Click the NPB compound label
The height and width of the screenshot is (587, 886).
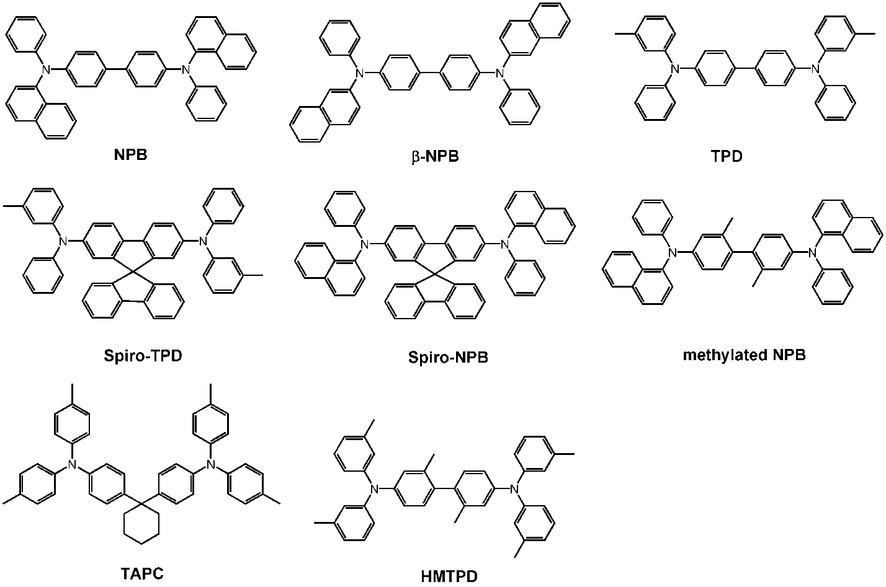130,154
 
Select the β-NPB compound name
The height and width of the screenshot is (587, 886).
435,157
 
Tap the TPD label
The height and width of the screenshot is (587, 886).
727,157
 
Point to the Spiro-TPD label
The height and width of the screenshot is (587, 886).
143,355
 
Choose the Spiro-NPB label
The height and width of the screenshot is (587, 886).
448,357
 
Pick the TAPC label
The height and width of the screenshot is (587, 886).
142,573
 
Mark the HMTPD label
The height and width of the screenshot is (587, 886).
449,576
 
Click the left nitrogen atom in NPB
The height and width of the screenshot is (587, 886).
47,70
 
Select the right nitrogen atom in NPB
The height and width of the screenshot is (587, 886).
186,70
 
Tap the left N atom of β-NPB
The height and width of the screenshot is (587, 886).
359,73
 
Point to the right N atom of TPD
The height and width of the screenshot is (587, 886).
815,69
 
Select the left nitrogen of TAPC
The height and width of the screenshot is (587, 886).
72,464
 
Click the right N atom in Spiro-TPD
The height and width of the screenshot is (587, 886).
203,241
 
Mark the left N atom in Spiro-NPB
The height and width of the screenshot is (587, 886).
364,244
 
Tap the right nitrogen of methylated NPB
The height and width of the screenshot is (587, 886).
812,252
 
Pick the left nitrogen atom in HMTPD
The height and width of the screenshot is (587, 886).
374,489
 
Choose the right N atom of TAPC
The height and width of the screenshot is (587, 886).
211,464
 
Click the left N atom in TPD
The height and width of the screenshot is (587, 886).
675,69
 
